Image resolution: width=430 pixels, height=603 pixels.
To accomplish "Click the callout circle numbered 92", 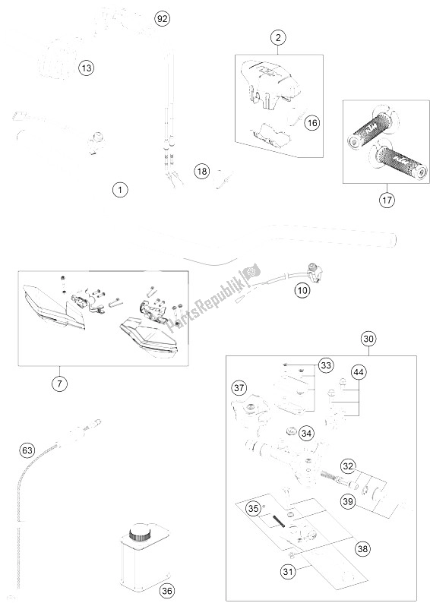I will click(161, 19).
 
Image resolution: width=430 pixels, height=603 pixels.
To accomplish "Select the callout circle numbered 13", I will click(87, 69).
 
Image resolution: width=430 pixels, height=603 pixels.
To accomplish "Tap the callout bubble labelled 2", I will click(279, 37).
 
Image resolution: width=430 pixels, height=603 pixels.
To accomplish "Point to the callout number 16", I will click(311, 122).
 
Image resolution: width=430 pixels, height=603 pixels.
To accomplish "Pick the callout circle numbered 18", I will click(201, 172).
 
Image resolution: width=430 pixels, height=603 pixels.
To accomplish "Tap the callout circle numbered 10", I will click(302, 289).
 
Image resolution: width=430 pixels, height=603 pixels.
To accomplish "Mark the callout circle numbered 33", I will click(326, 365).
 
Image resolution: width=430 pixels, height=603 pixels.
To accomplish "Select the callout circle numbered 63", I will click(28, 452).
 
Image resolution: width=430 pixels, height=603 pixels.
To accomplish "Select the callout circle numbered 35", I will click(255, 509).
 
